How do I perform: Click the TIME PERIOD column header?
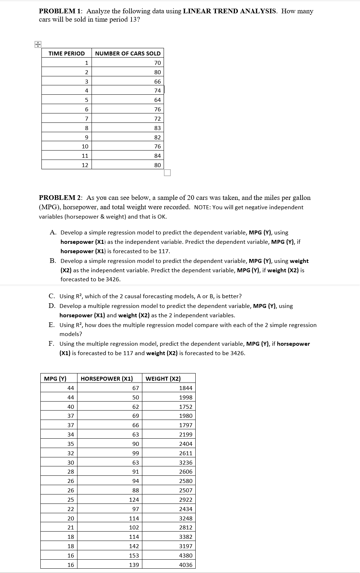pyautogui.click(x=67, y=53)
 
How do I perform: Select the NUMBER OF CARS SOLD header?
pyautogui.click(x=128, y=53)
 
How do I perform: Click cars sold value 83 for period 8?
pyautogui.click(x=157, y=128)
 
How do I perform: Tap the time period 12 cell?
pyautogui.click(x=85, y=165)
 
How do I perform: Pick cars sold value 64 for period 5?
pyautogui.click(x=157, y=100)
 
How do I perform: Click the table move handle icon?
pyautogui.click(x=37, y=45)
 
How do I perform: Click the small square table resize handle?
pyautogui.click(x=167, y=173)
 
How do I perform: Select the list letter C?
pyautogui.click(x=52, y=296)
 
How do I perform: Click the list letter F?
pyautogui.click(x=52, y=344)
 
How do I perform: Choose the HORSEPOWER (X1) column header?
pyautogui.click(x=107, y=379)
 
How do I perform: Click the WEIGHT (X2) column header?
pyautogui.click(x=163, y=379)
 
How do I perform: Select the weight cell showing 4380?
pyautogui.click(x=186, y=555)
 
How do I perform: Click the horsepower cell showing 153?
pyautogui.click(x=134, y=555)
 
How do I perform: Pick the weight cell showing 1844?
pyautogui.click(x=186, y=388)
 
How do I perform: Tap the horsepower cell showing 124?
pyautogui.click(x=134, y=500)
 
